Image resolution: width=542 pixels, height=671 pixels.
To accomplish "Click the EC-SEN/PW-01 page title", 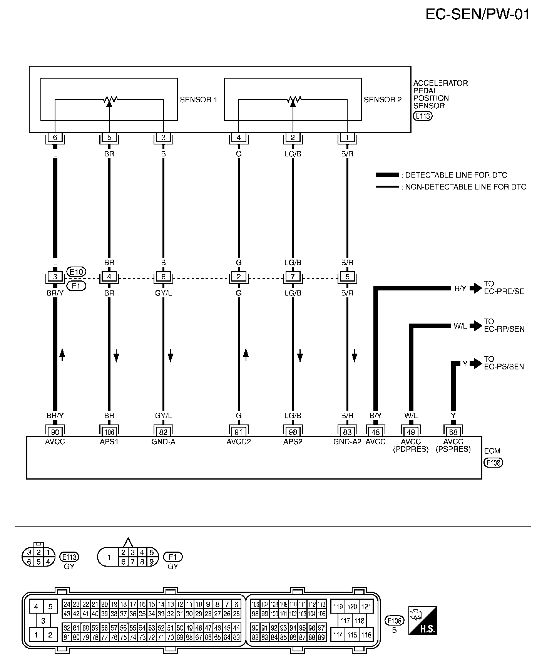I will coord(477,15).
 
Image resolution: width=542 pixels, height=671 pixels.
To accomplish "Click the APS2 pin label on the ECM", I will coord(293,441).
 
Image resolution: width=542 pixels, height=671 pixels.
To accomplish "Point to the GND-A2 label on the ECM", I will coord(347,441).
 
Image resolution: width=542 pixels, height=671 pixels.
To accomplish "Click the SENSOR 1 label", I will coord(199,100).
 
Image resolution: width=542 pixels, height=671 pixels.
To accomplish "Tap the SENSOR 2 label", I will coord(383,100).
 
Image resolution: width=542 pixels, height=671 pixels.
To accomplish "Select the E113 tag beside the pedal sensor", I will coord(422,116).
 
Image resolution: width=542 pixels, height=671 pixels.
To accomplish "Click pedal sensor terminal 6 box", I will coord(55,138).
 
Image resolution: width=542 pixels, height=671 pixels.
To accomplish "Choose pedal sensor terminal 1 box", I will coord(347,138).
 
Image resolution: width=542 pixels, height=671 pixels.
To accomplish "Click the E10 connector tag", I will coord(76,271).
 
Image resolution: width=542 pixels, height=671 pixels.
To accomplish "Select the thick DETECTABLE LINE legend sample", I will coord(387,175).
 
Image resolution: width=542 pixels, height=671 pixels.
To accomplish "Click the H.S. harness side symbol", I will coord(423,621).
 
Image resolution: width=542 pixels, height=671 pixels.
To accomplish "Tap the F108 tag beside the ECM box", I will coord(493,463).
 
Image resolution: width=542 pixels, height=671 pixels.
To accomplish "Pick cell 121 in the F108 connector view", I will coord(366,607).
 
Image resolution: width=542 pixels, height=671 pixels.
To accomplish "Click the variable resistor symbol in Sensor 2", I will coord(293,100).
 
